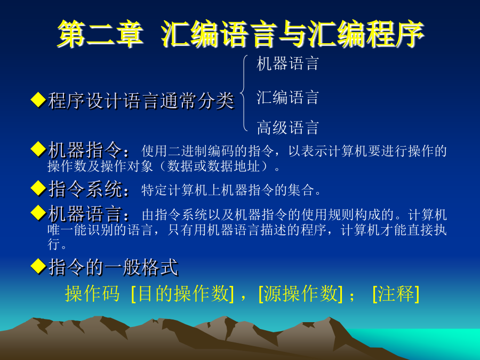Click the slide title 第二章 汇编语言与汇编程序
[241, 34]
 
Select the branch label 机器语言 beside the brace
[288, 63]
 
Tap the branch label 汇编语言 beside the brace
[288, 98]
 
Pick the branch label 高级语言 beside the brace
[288, 127]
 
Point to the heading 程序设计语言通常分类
[141, 100]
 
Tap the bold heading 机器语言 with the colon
[89, 214]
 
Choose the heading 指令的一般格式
[113, 267]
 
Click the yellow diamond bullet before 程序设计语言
[38, 100]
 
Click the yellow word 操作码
[92, 293]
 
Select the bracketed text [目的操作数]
[182, 293]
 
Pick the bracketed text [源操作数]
[301, 293]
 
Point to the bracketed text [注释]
[396, 293]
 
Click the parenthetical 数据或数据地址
[214, 166]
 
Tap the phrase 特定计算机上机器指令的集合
[228, 190]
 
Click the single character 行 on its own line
[54, 244]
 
